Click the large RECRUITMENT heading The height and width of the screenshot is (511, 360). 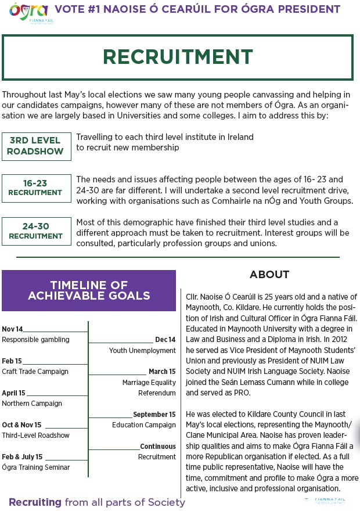(x=178, y=57)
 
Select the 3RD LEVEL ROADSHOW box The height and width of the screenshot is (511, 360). (x=36, y=146)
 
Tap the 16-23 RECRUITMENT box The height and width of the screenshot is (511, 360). (x=36, y=188)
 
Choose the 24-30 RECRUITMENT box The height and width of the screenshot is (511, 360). (x=36, y=232)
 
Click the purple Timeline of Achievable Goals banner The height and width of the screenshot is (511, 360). (x=89, y=290)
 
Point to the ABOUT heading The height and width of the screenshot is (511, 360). (x=269, y=275)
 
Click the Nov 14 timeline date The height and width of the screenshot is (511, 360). (x=12, y=329)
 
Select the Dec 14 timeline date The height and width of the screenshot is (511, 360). (x=165, y=340)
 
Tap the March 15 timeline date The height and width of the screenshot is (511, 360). (x=162, y=372)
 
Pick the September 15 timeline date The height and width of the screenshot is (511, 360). (x=154, y=415)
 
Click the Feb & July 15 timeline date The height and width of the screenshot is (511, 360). (x=22, y=457)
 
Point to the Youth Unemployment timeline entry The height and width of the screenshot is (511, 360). (x=142, y=351)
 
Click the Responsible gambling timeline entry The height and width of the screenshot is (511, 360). (x=35, y=340)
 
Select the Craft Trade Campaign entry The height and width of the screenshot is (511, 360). (x=35, y=372)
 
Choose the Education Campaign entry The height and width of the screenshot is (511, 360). (x=144, y=425)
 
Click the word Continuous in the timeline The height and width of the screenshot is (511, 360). (x=157, y=447)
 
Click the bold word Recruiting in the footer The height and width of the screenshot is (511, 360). (x=35, y=502)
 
